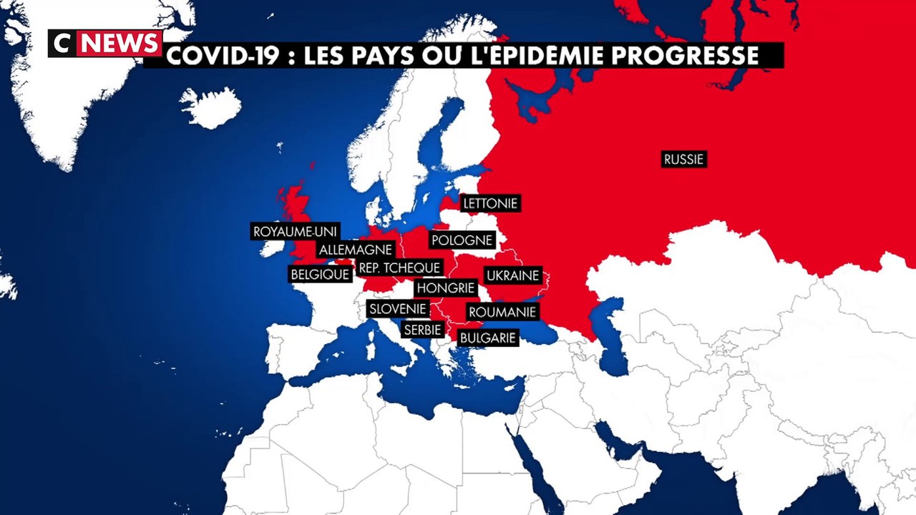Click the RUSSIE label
tap(683, 160)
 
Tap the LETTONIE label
tap(489, 204)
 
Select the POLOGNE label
tap(462, 240)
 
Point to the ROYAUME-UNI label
tap(295, 232)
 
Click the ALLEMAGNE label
tap(356, 250)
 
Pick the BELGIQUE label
tap(320, 274)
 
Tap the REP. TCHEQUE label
tap(399, 268)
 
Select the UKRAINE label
tap(512, 275)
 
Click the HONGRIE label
tap(446, 288)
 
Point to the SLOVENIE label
tap(398, 309)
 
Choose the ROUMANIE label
tap(502, 313)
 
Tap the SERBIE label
tap(422, 330)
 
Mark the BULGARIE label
tap(487, 338)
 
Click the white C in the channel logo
tap(62, 44)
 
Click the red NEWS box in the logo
tap(120, 44)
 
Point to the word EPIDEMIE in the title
tap(545, 56)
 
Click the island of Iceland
tap(210, 107)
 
